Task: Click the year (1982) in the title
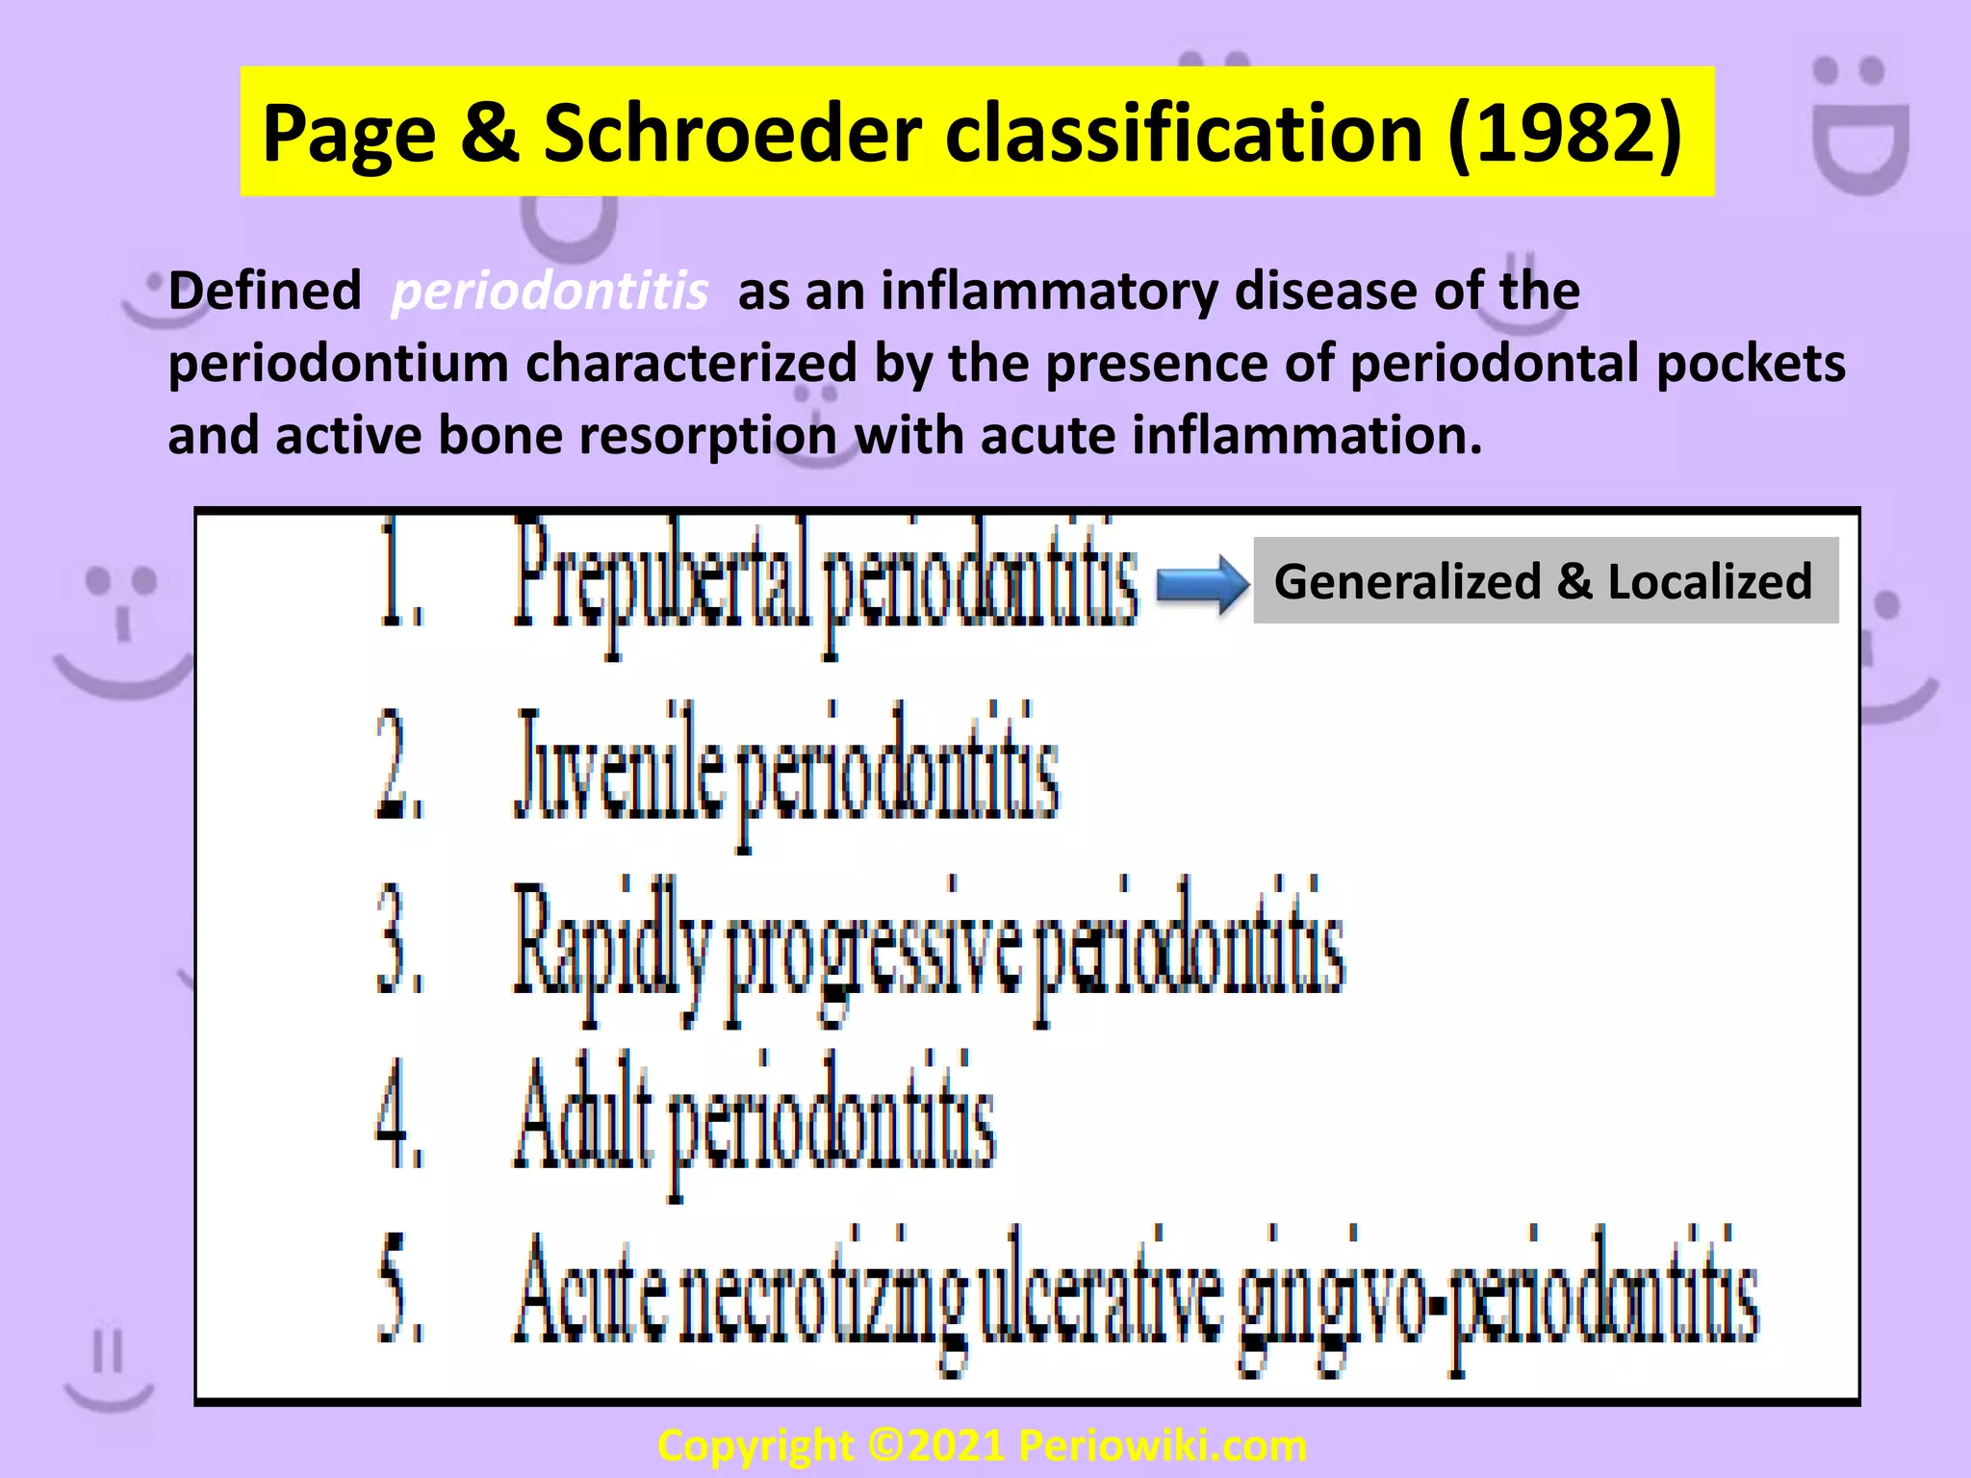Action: click(1566, 134)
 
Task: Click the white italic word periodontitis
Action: click(550, 292)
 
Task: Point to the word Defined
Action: click(265, 292)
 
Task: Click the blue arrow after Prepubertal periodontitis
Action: click(1201, 584)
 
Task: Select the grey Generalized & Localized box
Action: click(1545, 581)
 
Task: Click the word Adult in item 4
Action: click(583, 1116)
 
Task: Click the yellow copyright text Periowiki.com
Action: click(1163, 1446)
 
